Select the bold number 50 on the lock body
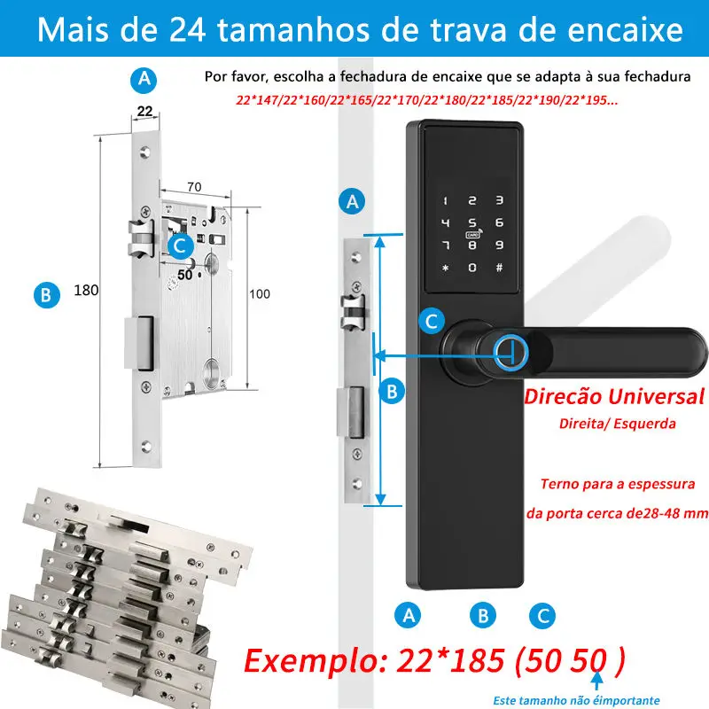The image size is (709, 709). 184,275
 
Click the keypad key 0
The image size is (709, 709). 472,268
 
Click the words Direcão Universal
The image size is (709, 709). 615,395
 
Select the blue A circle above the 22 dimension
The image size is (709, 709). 144,79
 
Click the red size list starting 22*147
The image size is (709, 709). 427,100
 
